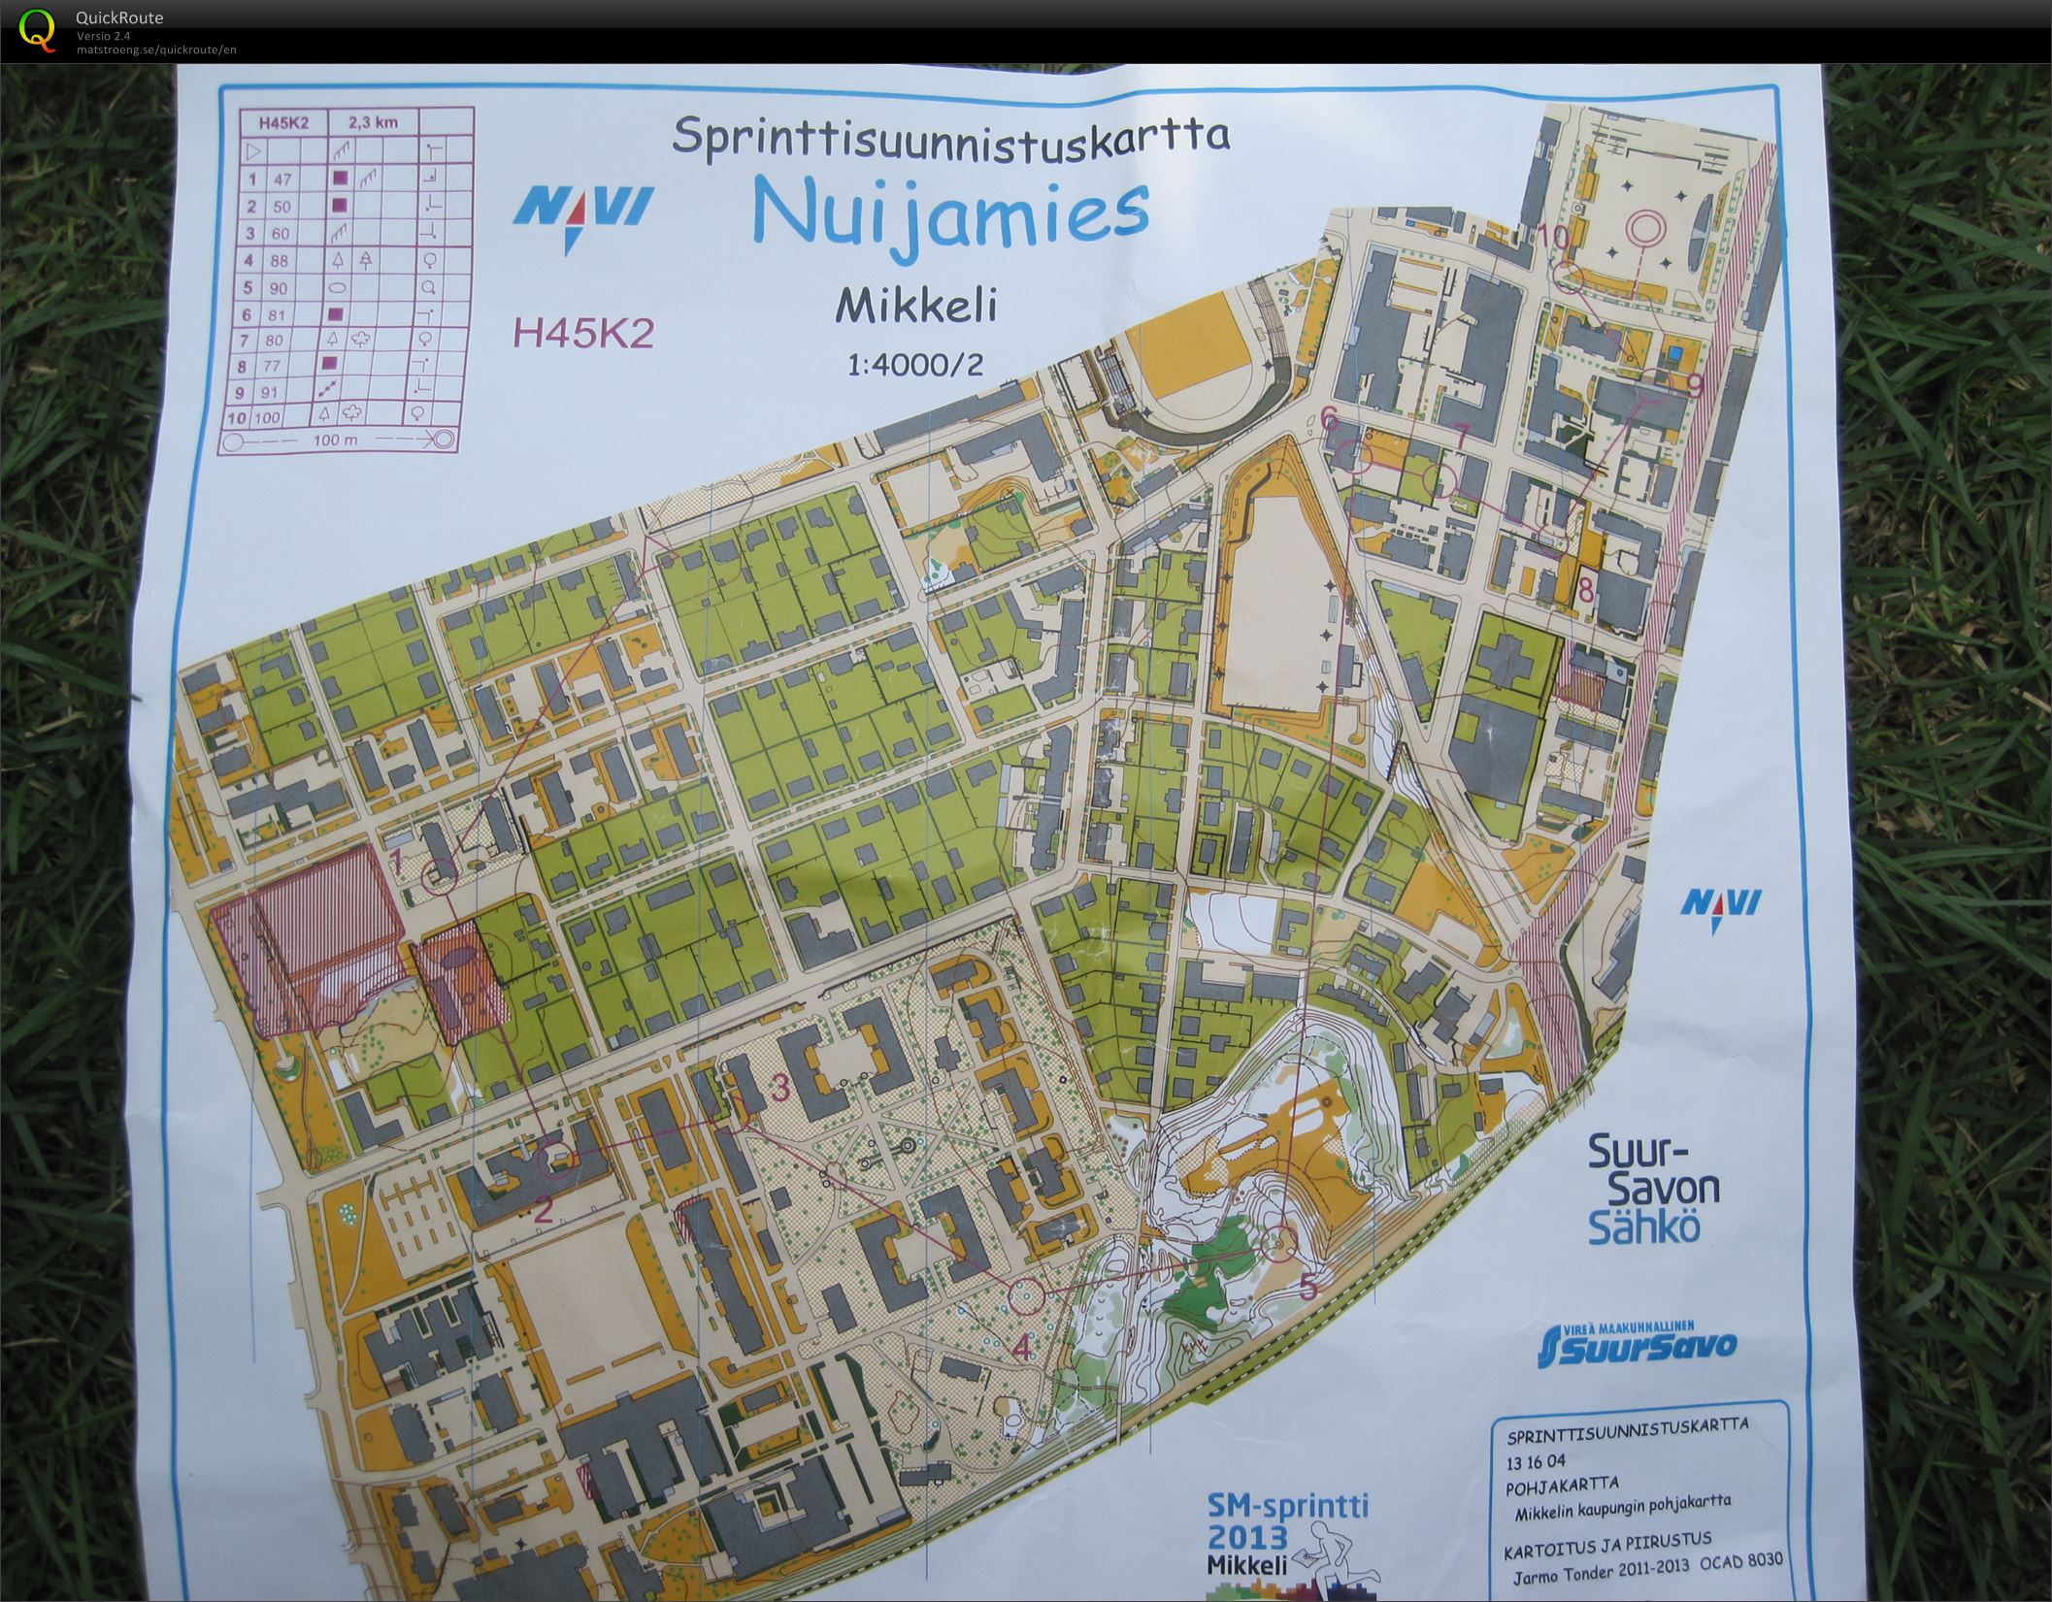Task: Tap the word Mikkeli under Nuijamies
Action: click(917, 308)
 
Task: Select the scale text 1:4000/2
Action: click(915, 365)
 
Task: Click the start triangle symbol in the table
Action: click(254, 151)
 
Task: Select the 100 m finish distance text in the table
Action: click(336, 440)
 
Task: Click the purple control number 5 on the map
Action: click(1307, 1288)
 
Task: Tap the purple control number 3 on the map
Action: click(778, 1088)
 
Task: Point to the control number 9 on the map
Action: click(1695, 386)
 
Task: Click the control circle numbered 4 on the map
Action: click(1025, 1293)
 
